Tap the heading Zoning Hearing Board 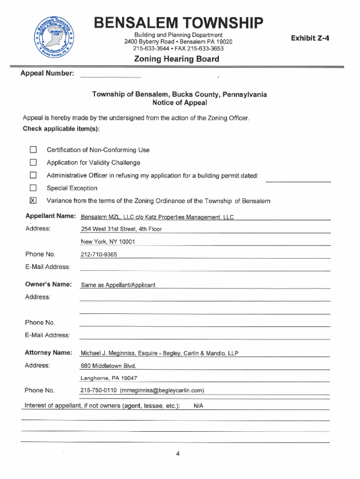pyautogui.click(x=176, y=59)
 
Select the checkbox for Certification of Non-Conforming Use pyautogui.click(x=33, y=150)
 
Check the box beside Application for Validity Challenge pyautogui.click(x=33, y=163)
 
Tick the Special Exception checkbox pyautogui.click(x=33, y=188)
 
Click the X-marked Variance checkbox pyautogui.click(x=33, y=201)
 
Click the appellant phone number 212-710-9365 pyautogui.click(x=99, y=254)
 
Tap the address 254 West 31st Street pyautogui.click(x=121, y=229)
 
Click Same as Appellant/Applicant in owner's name pyautogui.click(x=118, y=285)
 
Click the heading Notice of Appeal pyautogui.click(x=180, y=103)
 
